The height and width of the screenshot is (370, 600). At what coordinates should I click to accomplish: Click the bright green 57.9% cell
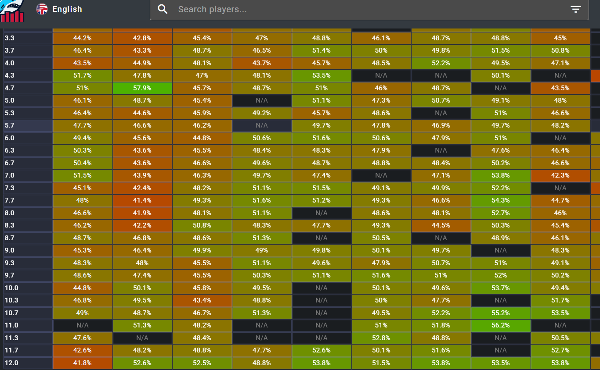(x=142, y=88)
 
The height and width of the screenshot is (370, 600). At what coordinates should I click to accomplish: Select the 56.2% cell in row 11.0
(x=501, y=325)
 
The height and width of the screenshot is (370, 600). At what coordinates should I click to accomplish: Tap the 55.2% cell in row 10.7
(x=501, y=313)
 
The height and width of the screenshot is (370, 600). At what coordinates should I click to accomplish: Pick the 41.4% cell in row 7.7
(x=142, y=200)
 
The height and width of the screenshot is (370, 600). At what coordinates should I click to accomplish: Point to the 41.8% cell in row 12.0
(x=83, y=363)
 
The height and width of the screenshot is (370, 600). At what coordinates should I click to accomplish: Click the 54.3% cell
(x=501, y=200)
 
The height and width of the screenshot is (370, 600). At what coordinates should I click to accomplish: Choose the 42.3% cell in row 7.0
(x=560, y=175)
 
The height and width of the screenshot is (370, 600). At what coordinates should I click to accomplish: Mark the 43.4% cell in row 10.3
(x=202, y=300)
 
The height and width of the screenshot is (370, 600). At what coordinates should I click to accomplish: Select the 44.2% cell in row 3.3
(x=83, y=38)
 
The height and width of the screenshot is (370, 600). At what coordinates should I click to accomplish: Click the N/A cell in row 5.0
(x=262, y=100)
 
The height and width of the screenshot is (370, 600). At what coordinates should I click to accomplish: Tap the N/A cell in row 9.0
(x=501, y=250)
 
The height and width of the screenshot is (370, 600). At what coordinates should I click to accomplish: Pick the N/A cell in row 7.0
(x=381, y=175)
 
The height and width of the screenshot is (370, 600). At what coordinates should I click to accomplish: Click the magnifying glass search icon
(x=163, y=9)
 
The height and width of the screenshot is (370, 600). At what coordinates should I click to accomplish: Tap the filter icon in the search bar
(x=575, y=9)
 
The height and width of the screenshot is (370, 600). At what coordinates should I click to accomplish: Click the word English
(x=67, y=9)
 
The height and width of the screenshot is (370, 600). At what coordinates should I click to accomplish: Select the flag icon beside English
(x=42, y=9)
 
